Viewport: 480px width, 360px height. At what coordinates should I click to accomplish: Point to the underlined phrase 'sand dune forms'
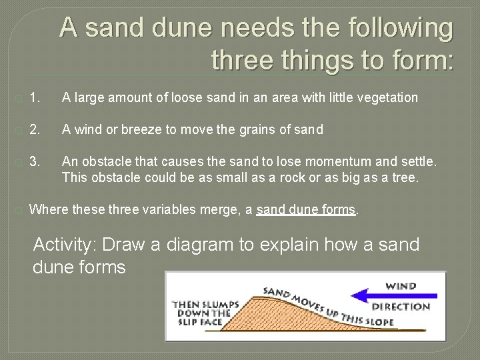tap(307, 210)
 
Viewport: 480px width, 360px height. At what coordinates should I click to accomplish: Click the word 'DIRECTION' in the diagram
tap(401, 307)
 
